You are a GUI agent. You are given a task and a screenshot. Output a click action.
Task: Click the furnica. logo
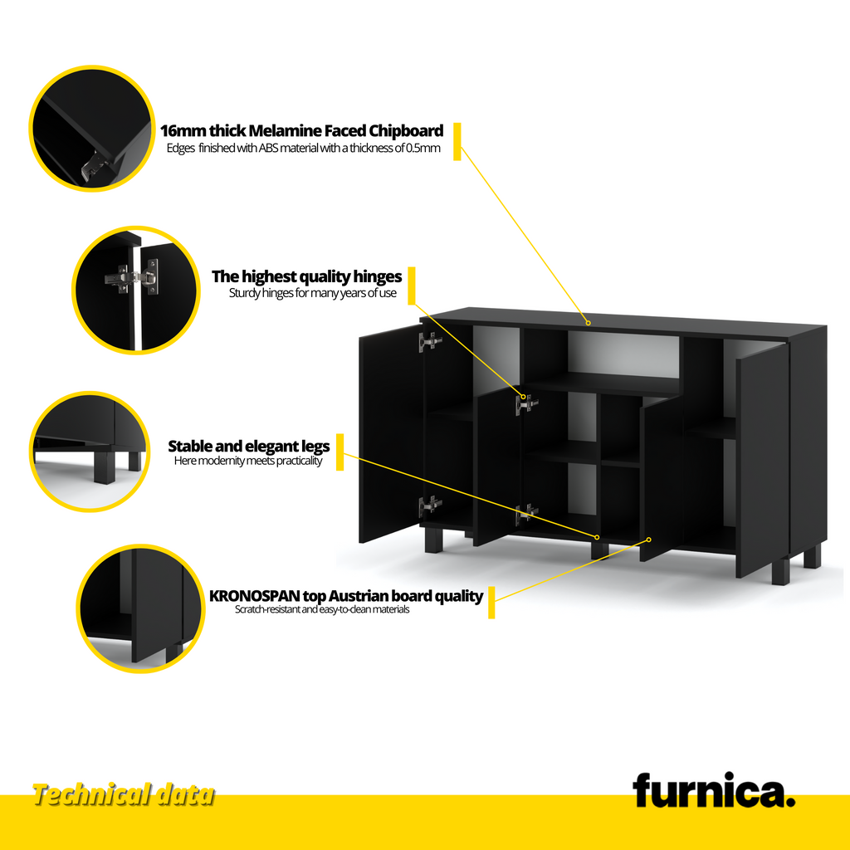click(713, 790)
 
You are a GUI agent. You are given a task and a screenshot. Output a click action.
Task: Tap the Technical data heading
click(124, 795)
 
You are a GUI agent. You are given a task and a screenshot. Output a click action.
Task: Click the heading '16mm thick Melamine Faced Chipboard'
click(302, 130)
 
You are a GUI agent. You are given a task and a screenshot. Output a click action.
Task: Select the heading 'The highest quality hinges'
click(307, 276)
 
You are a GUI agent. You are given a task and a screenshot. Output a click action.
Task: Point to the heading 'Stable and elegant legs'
click(249, 446)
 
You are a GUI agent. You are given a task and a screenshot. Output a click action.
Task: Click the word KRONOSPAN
click(255, 596)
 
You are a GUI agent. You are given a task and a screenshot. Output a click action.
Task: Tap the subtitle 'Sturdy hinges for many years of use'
click(313, 293)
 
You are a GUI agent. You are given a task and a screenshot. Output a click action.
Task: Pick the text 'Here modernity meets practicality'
click(248, 461)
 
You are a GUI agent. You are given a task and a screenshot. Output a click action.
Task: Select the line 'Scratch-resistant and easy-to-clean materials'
click(322, 609)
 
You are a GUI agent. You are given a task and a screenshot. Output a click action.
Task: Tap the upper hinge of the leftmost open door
click(430, 341)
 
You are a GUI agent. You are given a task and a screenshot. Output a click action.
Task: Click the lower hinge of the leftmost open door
click(430, 505)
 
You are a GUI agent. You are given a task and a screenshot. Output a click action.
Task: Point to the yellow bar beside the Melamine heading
click(457, 141)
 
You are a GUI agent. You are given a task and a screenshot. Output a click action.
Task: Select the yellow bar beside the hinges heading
click(412, 286)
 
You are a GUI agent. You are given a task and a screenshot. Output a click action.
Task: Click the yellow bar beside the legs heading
click(340, 452)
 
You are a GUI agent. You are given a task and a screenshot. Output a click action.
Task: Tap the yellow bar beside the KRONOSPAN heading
click(491, 603)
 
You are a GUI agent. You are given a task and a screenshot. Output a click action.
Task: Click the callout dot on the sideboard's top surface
click(589, 323)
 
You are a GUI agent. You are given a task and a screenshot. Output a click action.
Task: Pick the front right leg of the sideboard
click(780, 573)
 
